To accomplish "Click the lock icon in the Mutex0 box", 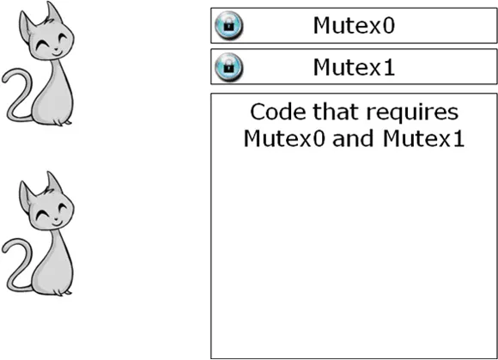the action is point(228,26).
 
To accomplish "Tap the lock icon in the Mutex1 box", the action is point(228,67).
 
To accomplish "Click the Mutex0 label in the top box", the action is point(354,26).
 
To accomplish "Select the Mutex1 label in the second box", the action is point(354,67).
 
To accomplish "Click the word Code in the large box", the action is point(278,112).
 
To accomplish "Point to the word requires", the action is point(412,113).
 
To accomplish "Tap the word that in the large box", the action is point(336,112).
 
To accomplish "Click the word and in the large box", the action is point(353,138).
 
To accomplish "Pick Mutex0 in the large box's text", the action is point(284,138).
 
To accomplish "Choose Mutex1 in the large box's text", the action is point(423,138).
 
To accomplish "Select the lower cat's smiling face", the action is point(52,215).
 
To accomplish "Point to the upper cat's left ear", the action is point(26,26).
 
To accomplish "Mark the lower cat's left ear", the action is point(26,196).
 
